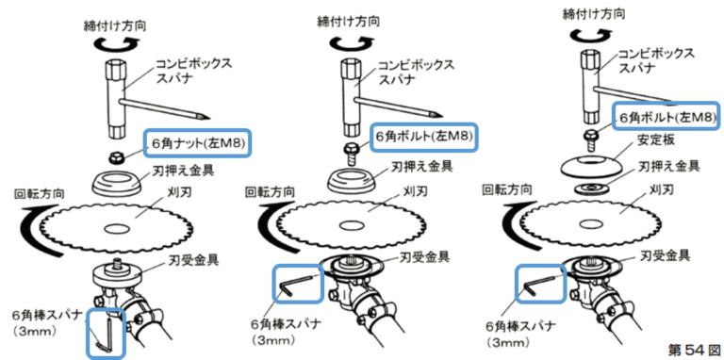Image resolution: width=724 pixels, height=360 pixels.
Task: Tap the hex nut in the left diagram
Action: tap(115, 157)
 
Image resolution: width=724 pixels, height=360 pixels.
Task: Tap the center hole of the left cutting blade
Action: tap(116, 228)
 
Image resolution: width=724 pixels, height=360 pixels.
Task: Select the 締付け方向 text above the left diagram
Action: tap(114, 25)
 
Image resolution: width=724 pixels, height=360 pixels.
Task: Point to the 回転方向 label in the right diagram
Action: tap(507, 189)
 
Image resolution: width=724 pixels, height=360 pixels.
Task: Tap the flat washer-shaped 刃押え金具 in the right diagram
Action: tap(589, 188)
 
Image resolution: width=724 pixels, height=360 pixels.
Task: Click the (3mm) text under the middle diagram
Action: tap(272, 340)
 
